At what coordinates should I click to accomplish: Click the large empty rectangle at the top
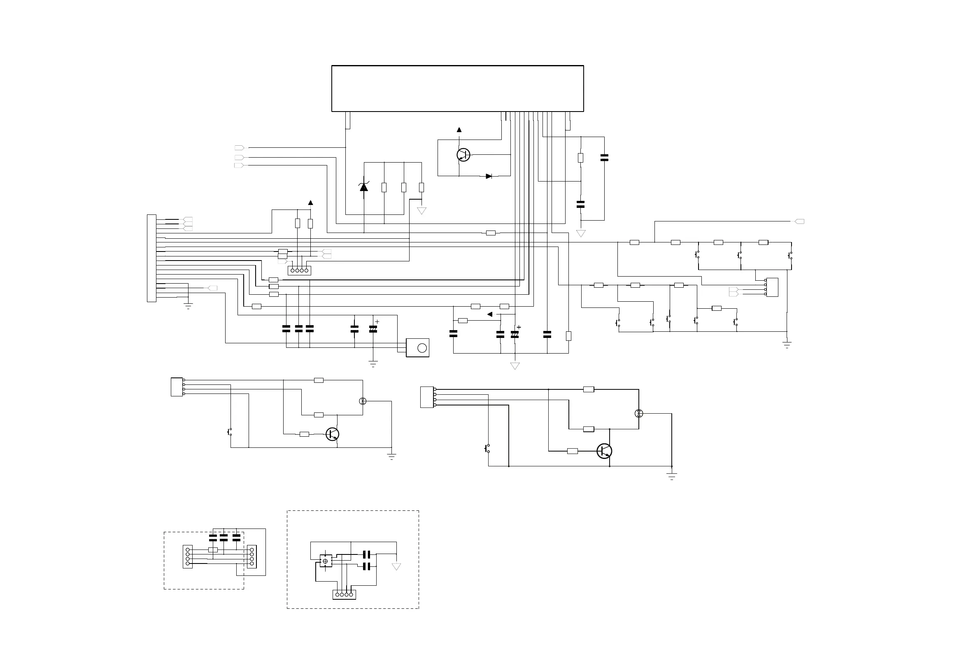tap(457, 88)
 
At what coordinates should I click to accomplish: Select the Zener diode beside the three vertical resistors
tap(364, 187)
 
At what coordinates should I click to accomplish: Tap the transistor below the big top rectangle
tap(463, 155)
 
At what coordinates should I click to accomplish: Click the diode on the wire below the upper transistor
tap(489, 176)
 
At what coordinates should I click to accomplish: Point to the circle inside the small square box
tap(422, 348)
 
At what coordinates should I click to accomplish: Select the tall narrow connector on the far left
tap(151, 258)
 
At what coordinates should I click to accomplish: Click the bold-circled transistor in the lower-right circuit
tap(604, 451)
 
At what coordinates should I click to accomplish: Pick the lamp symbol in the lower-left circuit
tap(363, 401)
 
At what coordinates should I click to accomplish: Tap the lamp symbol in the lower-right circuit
tap(639, 413)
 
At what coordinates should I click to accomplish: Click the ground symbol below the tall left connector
tap(189, 307)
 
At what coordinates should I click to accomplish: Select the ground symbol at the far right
tap(787, 344)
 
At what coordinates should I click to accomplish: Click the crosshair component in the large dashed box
tap(325, 561)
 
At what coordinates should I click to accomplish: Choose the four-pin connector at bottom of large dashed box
tap(344, 595)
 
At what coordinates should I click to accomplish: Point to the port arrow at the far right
tap(799, 221)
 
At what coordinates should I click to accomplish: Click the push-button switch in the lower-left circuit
tap(230, 432)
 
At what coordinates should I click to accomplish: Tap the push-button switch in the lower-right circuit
tap(487, 448)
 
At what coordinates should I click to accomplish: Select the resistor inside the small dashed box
tap(213, 550)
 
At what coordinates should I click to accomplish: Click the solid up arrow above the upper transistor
tap(459, 130)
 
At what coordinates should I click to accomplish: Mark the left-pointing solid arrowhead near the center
tap(490, 314)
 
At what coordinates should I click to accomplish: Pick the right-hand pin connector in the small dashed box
tap(251, 557)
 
